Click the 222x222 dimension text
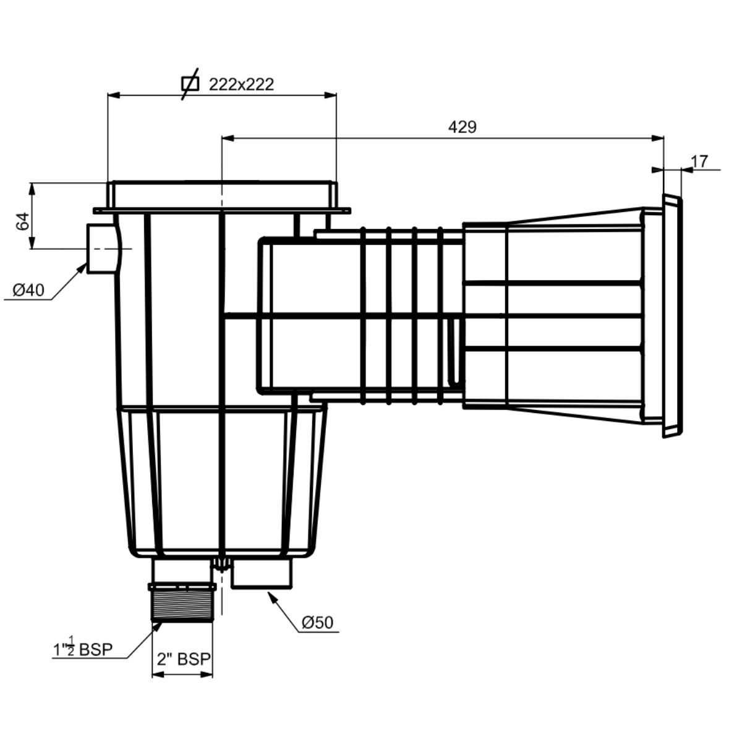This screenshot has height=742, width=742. pyautogui.click(x=241, y=84)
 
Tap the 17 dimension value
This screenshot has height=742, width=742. pyautogui.click(x=699, y=161)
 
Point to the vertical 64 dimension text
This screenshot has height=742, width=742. pyautogui.click(x=22, y=221)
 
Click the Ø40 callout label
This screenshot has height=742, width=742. pyautogui.click(x=28, y=289)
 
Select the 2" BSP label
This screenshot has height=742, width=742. pyautogui.click(x=183, y=659)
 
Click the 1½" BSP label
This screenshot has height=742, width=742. pyautogui.click(x=82, y=649)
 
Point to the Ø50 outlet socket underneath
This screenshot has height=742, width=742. pyautogui.click(x=262, y=574)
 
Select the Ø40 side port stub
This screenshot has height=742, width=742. pyautogui.click(x=103, y=248)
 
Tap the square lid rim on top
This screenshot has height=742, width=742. pyautogui.click(x=223, y=194)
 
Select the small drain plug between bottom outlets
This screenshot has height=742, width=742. pyautogui.click(x=221, y=564)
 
